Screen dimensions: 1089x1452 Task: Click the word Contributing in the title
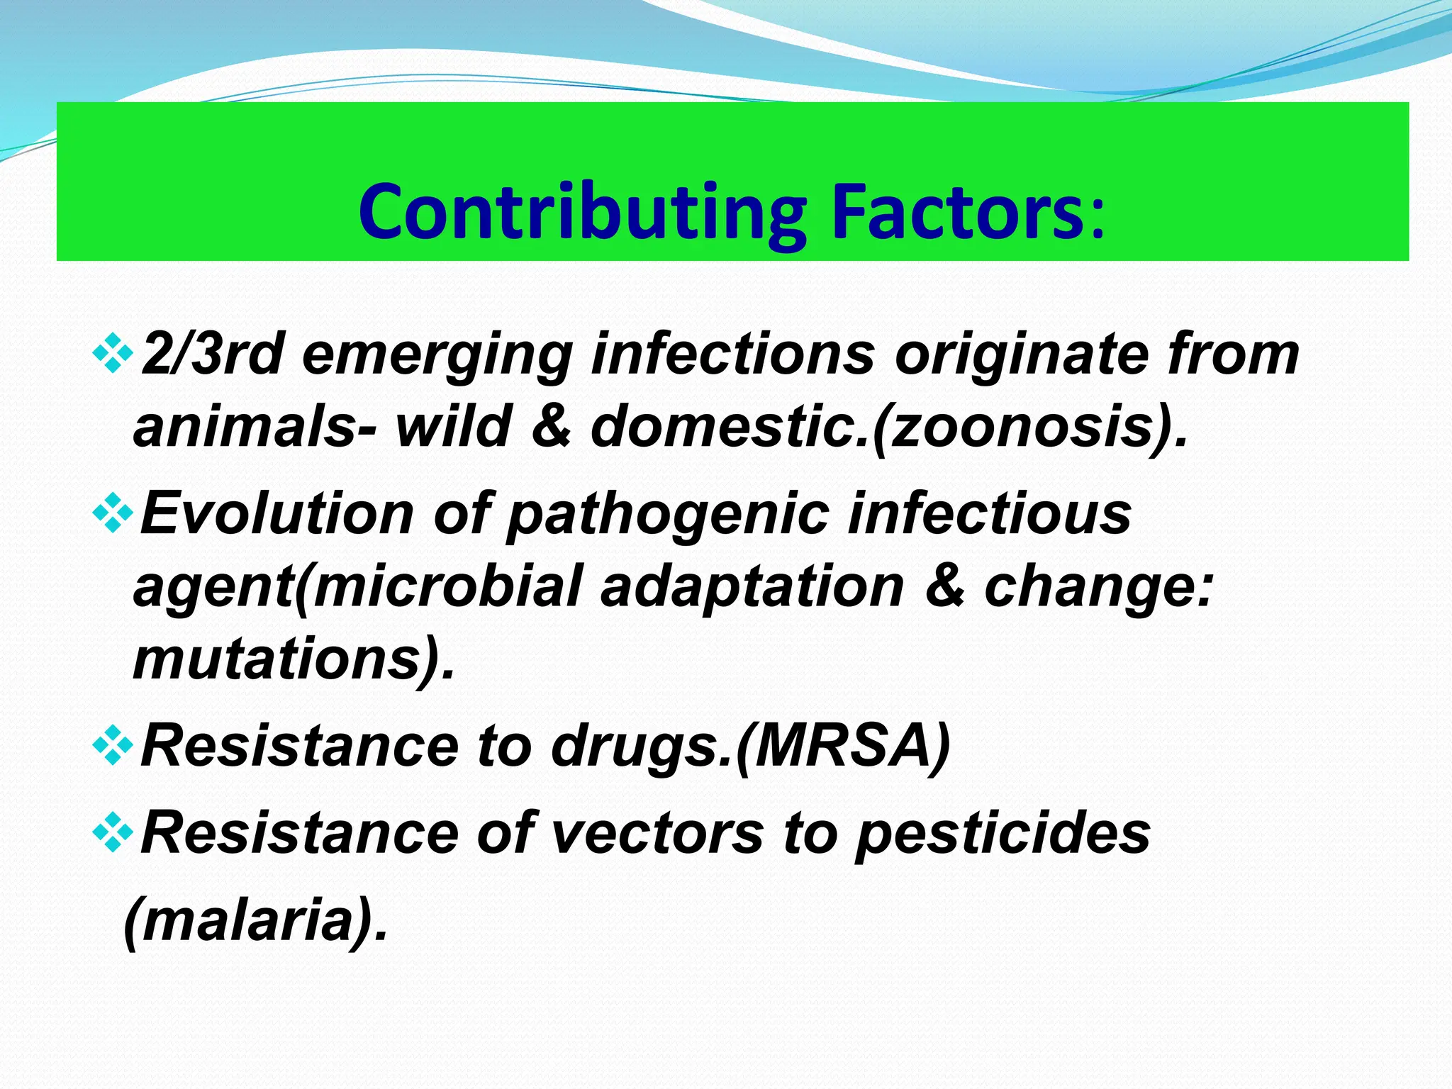tap(581, 213)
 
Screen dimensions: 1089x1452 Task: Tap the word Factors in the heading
tap(957, 213)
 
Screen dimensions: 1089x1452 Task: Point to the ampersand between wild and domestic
tap(551, 427)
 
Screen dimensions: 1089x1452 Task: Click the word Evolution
tap(277, 513)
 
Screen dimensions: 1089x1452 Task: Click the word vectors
tap(657, 834)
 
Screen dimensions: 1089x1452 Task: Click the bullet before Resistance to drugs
tap(112, 747)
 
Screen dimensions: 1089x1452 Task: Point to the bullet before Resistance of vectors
tap(112, 834)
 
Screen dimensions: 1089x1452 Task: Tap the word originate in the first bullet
tap(1021, 354)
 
